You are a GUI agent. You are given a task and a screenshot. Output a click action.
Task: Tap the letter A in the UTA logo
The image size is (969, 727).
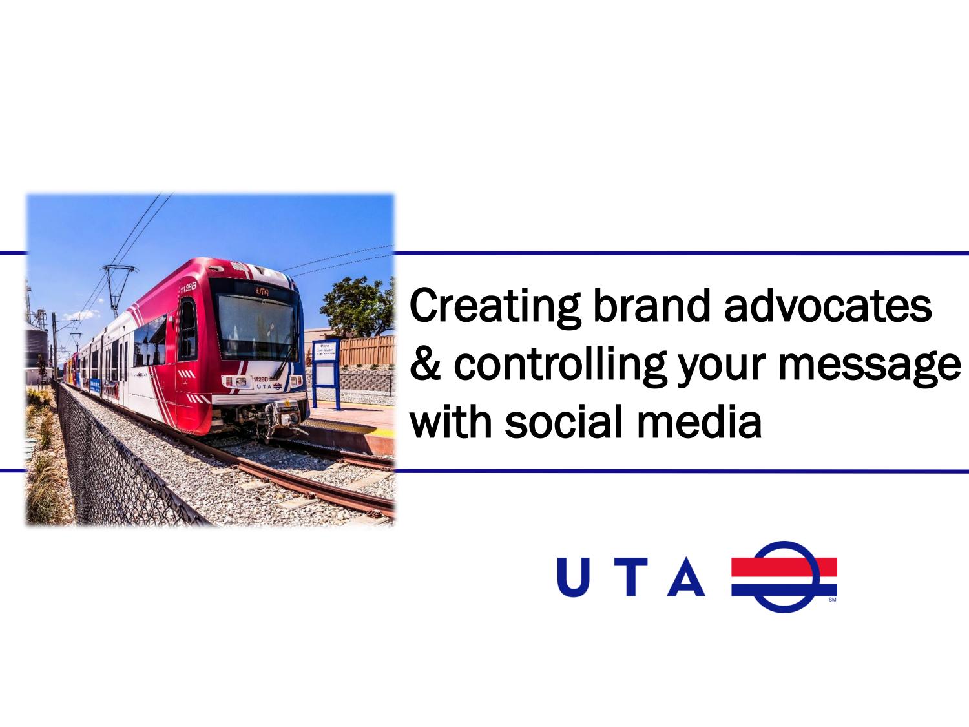pos(685,576)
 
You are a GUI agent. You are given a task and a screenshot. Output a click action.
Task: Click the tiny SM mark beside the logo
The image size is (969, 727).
pos(832,599)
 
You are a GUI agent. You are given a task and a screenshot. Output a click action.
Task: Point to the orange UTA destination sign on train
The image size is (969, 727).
pos(262,291)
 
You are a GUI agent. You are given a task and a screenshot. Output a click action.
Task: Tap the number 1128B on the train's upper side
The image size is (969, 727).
pos(188,288)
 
